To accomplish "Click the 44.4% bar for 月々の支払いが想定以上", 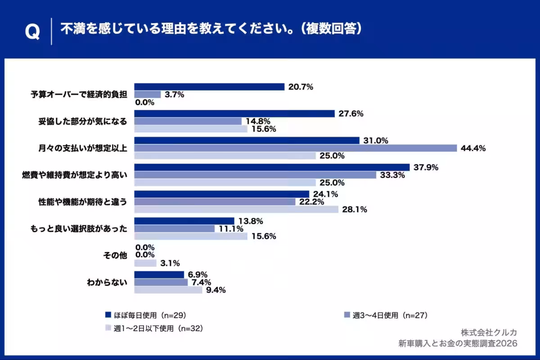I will pos(295,148).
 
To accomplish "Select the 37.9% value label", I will pos(426,167).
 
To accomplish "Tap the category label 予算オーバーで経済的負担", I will pos(79,94).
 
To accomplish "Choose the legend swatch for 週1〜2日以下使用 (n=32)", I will pos(108,328).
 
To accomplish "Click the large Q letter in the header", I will pos(32,32).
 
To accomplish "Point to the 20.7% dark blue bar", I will pos(209,87).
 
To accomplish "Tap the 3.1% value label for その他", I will pos(171,263).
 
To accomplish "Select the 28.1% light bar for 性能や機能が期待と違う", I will pos(236,209).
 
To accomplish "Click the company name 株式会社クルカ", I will pos(489,332).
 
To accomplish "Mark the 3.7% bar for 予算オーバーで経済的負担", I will pos(148,94).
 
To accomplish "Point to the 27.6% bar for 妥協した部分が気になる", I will pos(234,114).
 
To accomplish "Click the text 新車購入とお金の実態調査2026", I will pos(458,343).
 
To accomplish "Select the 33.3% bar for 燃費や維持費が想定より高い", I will pos(255,175).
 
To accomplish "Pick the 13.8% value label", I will pos(251,221).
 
